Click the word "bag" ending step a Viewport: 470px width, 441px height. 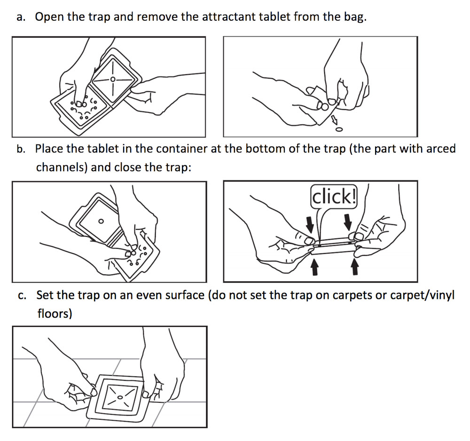point(353,18)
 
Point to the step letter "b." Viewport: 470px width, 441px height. point(21,150)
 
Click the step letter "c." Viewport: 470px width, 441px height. point(21,296)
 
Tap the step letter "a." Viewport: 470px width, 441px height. point(21,18)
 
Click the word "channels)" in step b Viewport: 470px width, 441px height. point(62,167)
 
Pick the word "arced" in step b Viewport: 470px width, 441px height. point(441,149)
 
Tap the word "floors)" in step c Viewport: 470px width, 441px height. point(55,313)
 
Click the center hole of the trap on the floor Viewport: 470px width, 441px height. point(120,398)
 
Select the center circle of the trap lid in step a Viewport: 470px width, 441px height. point(113,79)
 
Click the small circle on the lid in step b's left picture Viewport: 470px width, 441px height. point(101,221)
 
